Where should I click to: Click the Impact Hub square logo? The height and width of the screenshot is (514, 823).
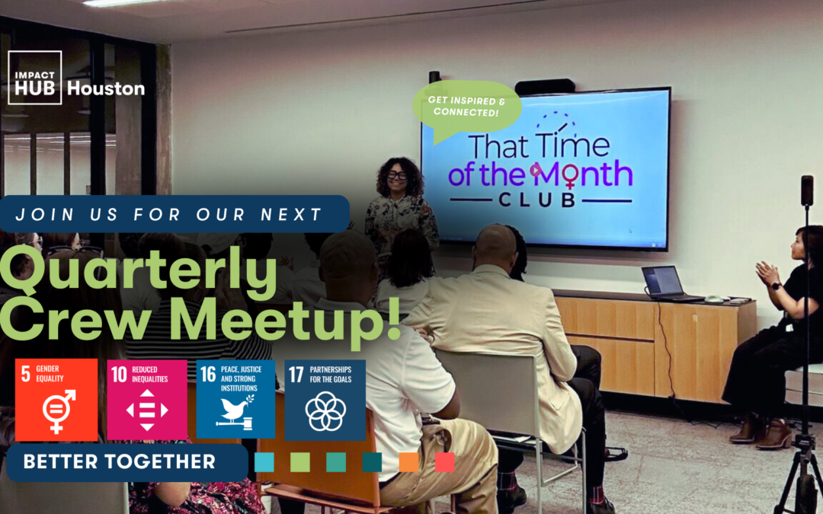click(x=34, y=77)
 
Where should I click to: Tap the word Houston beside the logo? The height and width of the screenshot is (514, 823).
click(x=106, y=88)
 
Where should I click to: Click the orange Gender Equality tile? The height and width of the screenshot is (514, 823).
click(x=56, y=400)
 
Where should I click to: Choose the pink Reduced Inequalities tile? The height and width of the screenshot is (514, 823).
click(x=147, y=400)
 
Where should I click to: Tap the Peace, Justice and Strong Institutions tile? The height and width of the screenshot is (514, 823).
click(x=235, y=400)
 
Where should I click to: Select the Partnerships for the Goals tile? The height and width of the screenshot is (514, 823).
click(x=325, y=400)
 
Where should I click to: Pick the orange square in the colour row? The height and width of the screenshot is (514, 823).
click(x=408, y=462)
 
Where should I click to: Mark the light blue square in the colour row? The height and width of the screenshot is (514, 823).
click(x=264, y=462)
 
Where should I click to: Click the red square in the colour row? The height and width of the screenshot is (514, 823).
click(x=444, y=462)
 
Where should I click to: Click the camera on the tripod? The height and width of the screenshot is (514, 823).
click(x=807, y=190)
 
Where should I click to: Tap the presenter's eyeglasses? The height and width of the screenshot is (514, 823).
click(x=396, y=175)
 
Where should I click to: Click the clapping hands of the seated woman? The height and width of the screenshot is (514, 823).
click(x=765, y=273)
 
